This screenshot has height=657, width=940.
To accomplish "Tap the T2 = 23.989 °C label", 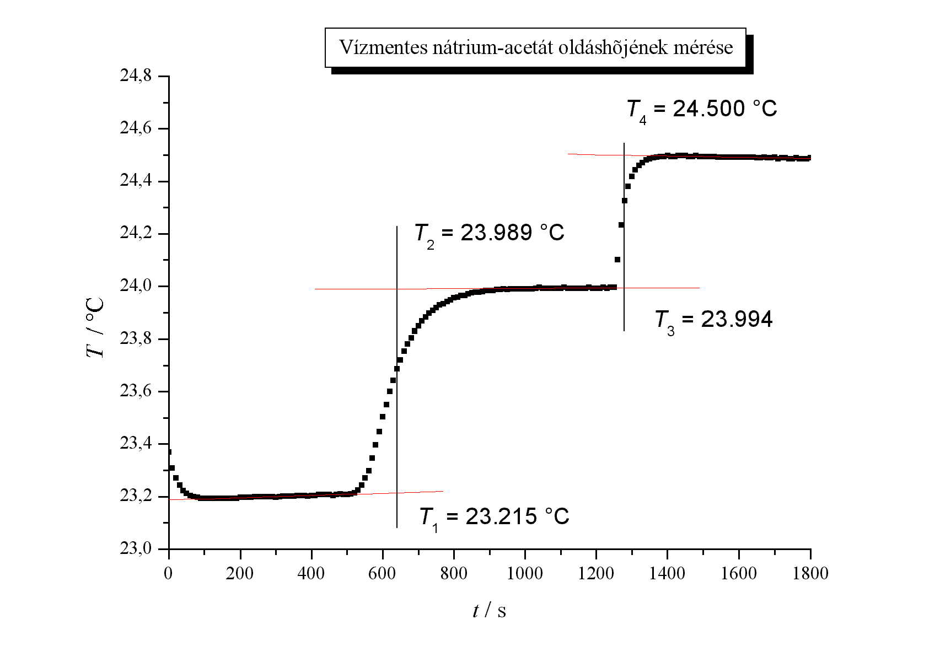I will (489, 234).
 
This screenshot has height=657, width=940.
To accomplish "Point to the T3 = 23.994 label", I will (713, 320).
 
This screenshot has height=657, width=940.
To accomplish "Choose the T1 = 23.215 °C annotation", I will (494, 518).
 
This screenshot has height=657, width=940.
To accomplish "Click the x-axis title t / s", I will (489, 610).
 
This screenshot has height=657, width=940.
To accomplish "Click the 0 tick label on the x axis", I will (169, 574).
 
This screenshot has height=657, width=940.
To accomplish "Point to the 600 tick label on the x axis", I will (383, 574).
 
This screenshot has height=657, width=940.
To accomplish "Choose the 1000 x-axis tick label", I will (525, 574).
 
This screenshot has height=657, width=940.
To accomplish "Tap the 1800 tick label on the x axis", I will (810, 574).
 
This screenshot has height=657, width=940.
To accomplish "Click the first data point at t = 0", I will (169, 452).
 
